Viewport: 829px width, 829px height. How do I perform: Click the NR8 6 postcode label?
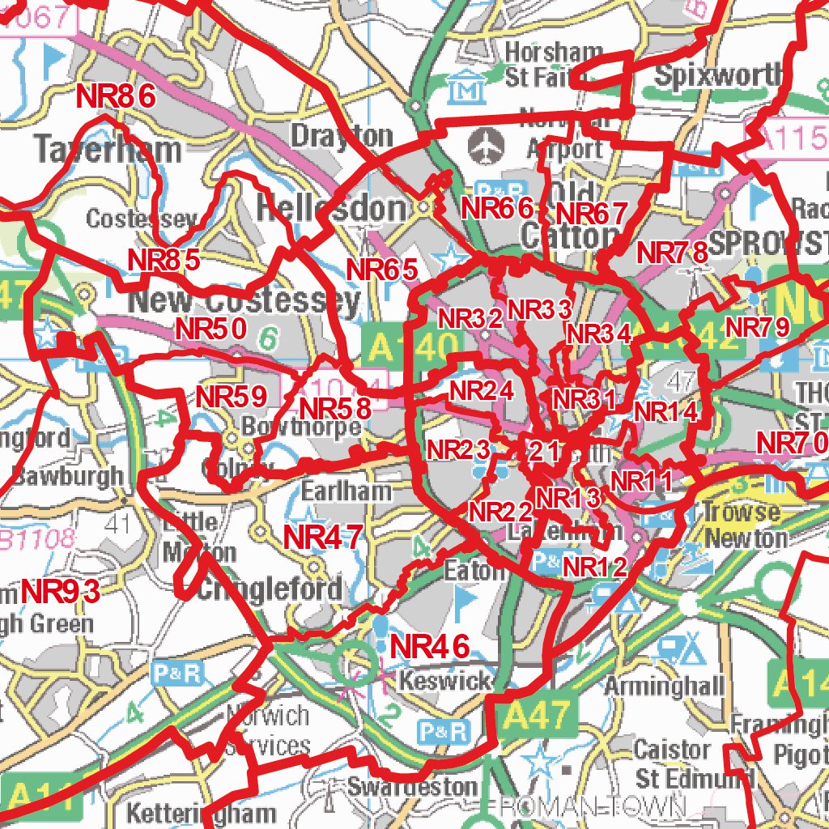pyautogui.click(x=115, y=97)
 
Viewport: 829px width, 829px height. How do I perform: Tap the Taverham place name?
pyautogui.click(x=108, y=150)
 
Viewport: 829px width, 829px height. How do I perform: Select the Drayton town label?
pyautogui.click(x=341, y=135)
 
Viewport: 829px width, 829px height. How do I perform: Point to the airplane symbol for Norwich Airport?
pyautogui.click(x=487, y=147)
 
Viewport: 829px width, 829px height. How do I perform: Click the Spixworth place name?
pyautogui.click(x=709, y=76)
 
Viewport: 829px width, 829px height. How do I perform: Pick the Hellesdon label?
pyautogui.click(x=330, y=209)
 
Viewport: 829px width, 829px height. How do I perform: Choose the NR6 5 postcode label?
pyautogui.click(x=382, y=270)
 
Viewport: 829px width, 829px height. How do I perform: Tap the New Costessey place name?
pyautogui.click(x=244, y=302)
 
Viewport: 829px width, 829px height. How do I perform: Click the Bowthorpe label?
pyautogui.click(x=301, y=427)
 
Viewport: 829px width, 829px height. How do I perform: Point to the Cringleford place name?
pyautogui.click(x=269, y=589)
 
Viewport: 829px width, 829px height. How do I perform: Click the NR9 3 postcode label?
pyautogui.click(x=61, y=592)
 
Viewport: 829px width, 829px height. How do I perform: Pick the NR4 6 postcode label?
pyautogui.click(x=430, y=647)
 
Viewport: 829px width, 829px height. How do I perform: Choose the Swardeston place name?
pyautogui.click(x=413, y=786)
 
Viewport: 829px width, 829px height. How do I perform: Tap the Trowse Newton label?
pyautogui.click(x=744, y=525)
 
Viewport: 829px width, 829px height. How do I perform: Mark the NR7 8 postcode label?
pyautogui.click(x=672, y=253)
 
